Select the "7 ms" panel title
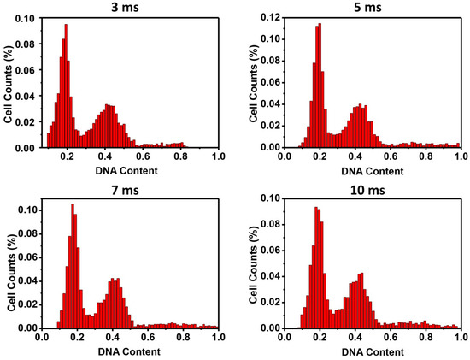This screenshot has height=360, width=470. [x=129, y=188]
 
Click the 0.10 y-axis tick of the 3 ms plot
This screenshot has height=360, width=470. [x=27, y=18]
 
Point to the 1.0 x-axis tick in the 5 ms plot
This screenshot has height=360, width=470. [x=461, y=157]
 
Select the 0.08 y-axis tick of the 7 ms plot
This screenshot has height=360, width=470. [x=27, y=233]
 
